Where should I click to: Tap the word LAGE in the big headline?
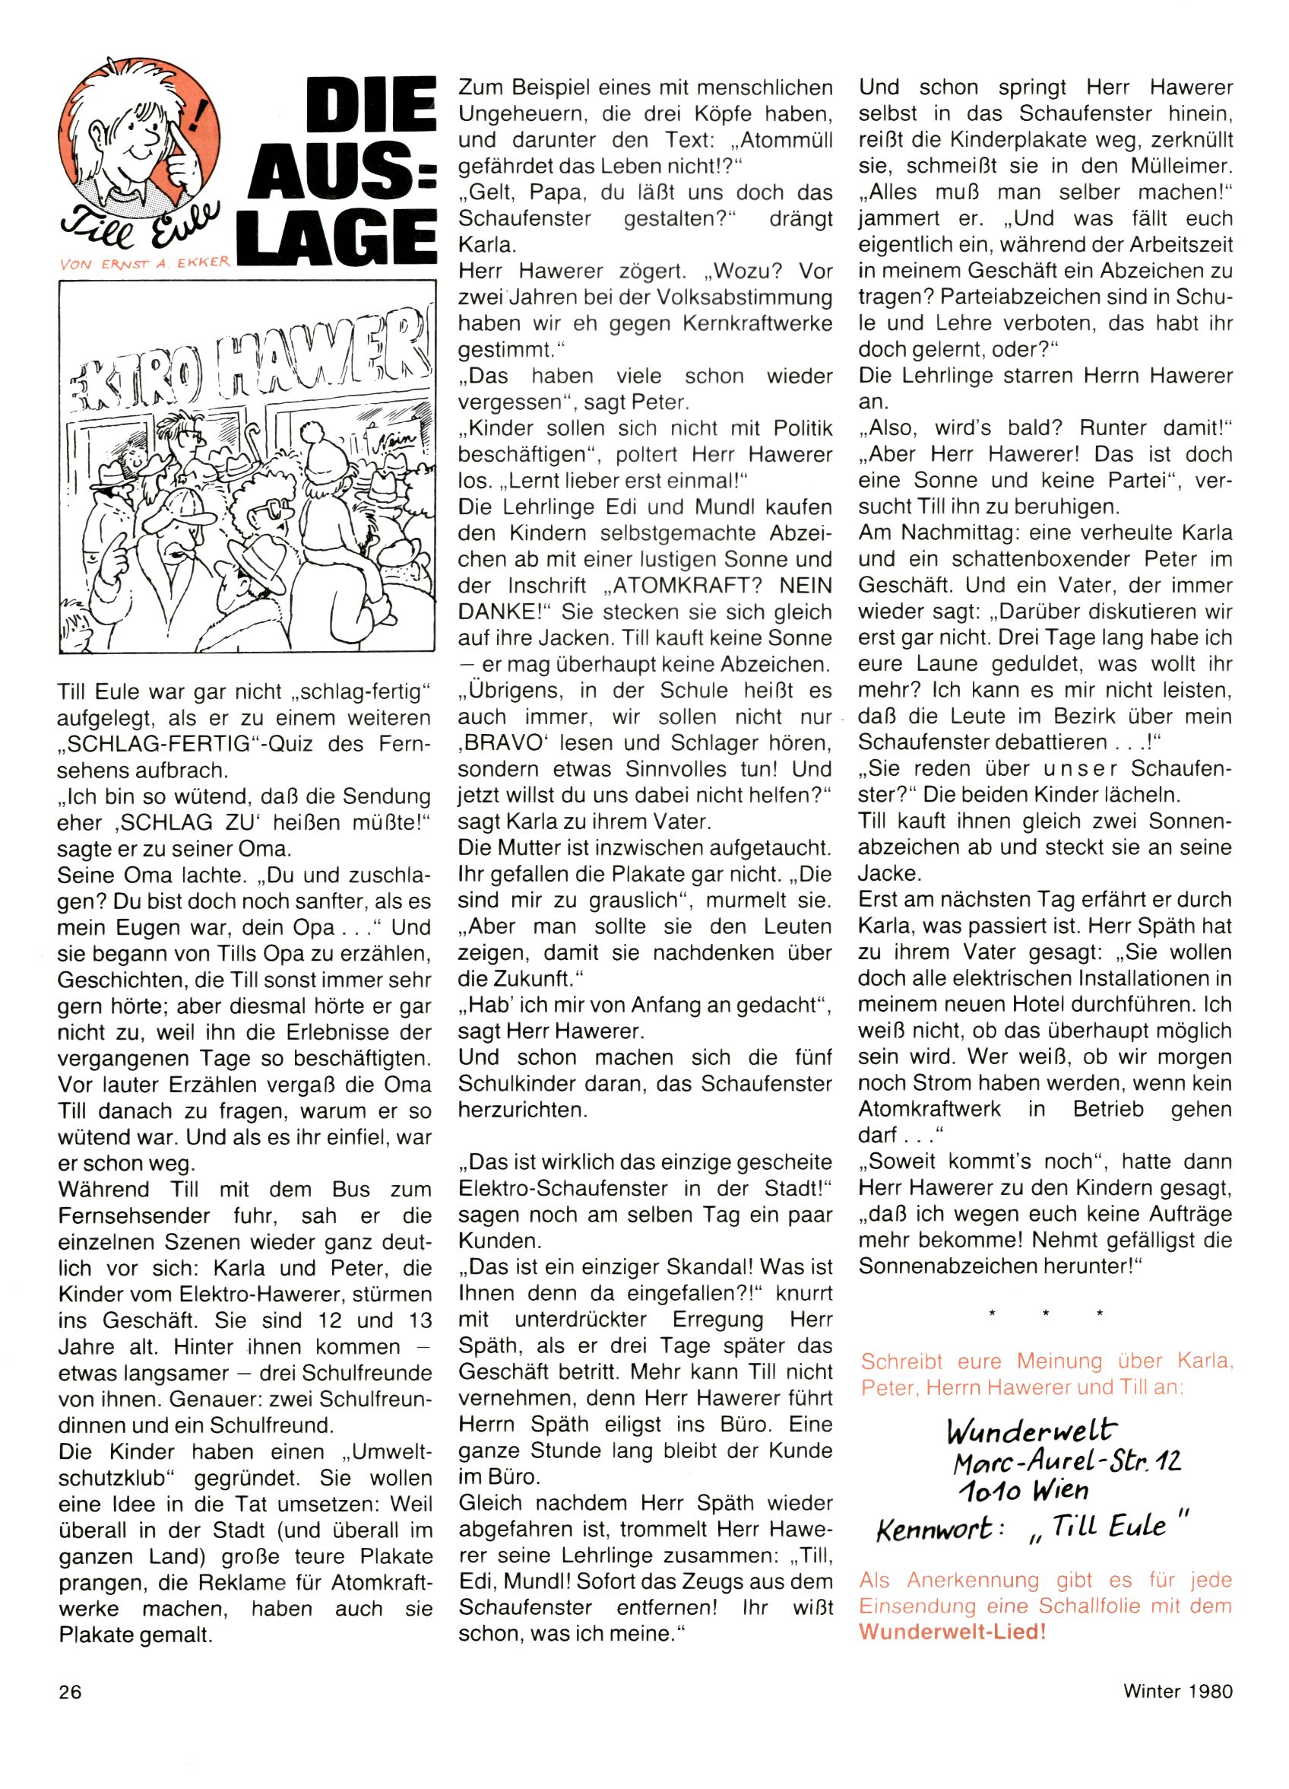(339, 234)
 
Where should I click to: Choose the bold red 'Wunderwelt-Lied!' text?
(952, 1632)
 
